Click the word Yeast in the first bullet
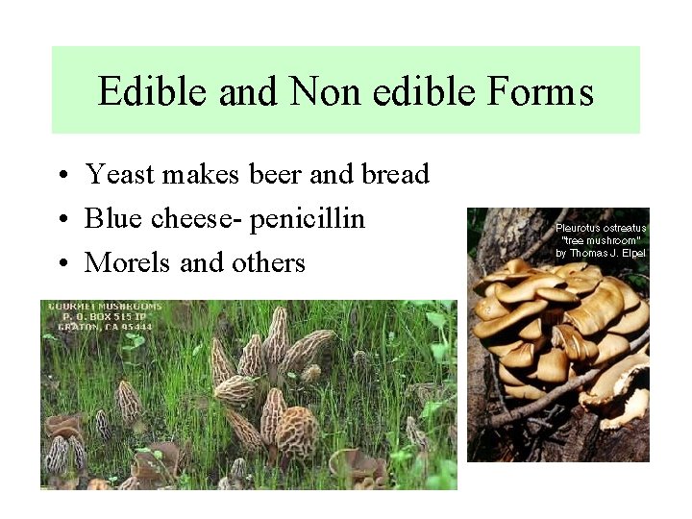121,175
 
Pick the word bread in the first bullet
394,175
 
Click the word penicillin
308,219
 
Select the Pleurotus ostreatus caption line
601,228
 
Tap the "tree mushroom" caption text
601,240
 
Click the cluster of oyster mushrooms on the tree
557,327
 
